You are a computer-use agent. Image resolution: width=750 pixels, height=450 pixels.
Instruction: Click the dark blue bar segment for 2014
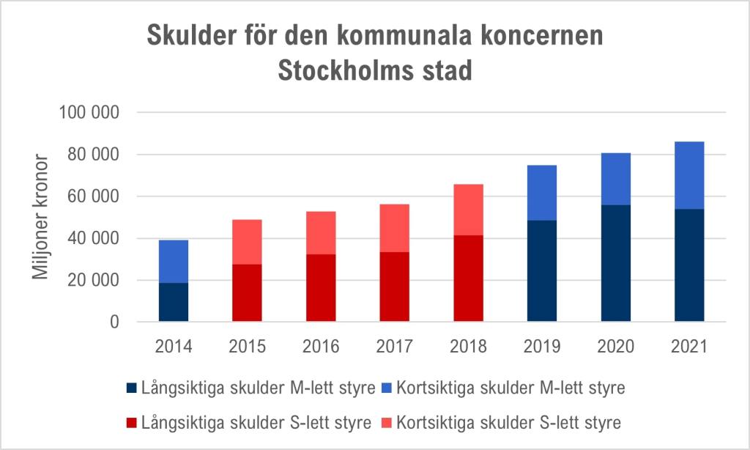click(174, 302)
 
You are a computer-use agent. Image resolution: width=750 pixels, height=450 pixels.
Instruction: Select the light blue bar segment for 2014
click(174, 261)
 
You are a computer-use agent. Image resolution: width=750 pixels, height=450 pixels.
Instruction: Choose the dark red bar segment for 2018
click(468, 279)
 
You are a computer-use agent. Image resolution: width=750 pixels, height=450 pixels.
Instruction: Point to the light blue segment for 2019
click(541, 193)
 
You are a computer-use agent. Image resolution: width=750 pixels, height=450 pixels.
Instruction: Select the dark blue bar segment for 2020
click(615, 263)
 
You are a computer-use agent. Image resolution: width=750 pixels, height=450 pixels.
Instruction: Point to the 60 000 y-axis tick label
click(96, 197)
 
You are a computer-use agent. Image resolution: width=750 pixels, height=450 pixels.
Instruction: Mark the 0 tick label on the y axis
click(114, 322)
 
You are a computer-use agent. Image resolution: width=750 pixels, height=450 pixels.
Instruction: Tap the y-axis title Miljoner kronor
click(41, 218)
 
